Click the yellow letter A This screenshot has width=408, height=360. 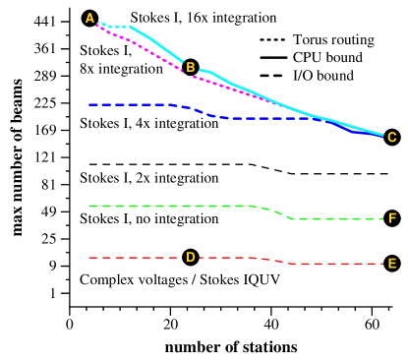pyautogui.click(x=90, y=18)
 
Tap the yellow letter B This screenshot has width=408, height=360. pyautogui.click(x=191, y=68)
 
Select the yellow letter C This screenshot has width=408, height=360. pyautogui.click(x=392, y=137)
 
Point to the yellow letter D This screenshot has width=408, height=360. pyautogui.click(x=191, y=257)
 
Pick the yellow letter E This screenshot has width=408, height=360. pyautogui.click(x=392, y=264)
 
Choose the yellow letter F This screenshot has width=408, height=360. pyautogui.click(x=392, y=218)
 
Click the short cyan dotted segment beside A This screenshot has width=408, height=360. pyautogui.click(x=114, y=27)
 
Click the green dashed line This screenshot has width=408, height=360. pyautogui.click(x=167, y=206)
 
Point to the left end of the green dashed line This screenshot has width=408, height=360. pyautogui.click(x=89, y=206)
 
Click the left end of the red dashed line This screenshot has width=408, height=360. pyautogui.click(x=89, y=258)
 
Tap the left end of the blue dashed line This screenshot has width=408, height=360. pyautogui.click(x=89, y=104)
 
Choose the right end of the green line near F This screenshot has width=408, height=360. pyautogui.click(x=381, y=218)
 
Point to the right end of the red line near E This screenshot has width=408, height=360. pyautogui.click(x=381, y=264)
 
